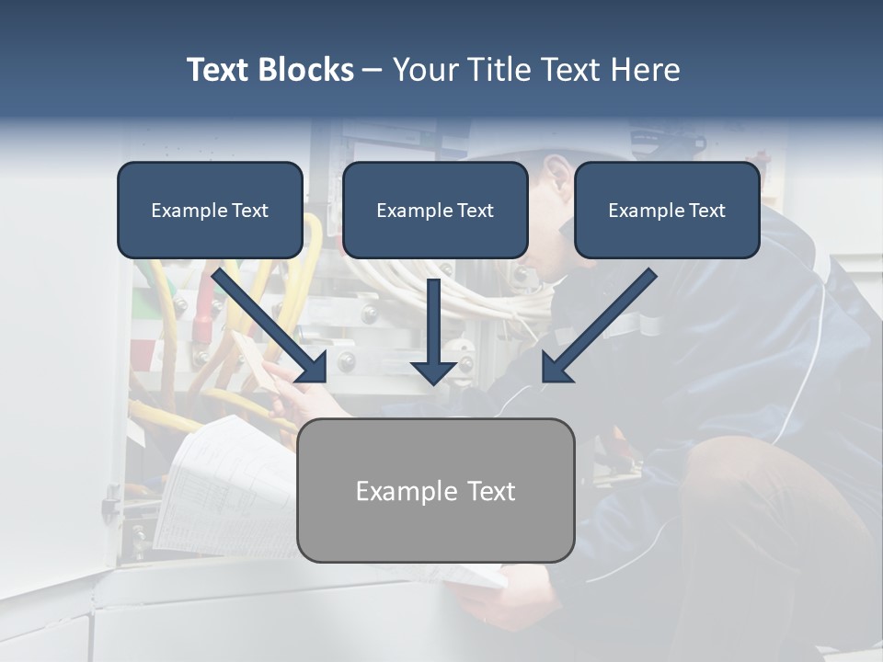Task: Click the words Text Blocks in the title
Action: (x=269, y=70)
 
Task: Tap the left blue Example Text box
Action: (x=210, y=210)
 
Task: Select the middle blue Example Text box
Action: (x=435, y=210)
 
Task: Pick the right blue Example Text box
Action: (x=667, y=210)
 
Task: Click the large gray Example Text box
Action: (x=435, y=490)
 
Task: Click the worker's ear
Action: (x=557, y=169)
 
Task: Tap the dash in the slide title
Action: (x=373, y=71)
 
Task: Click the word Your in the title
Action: (x=425, y=70)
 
